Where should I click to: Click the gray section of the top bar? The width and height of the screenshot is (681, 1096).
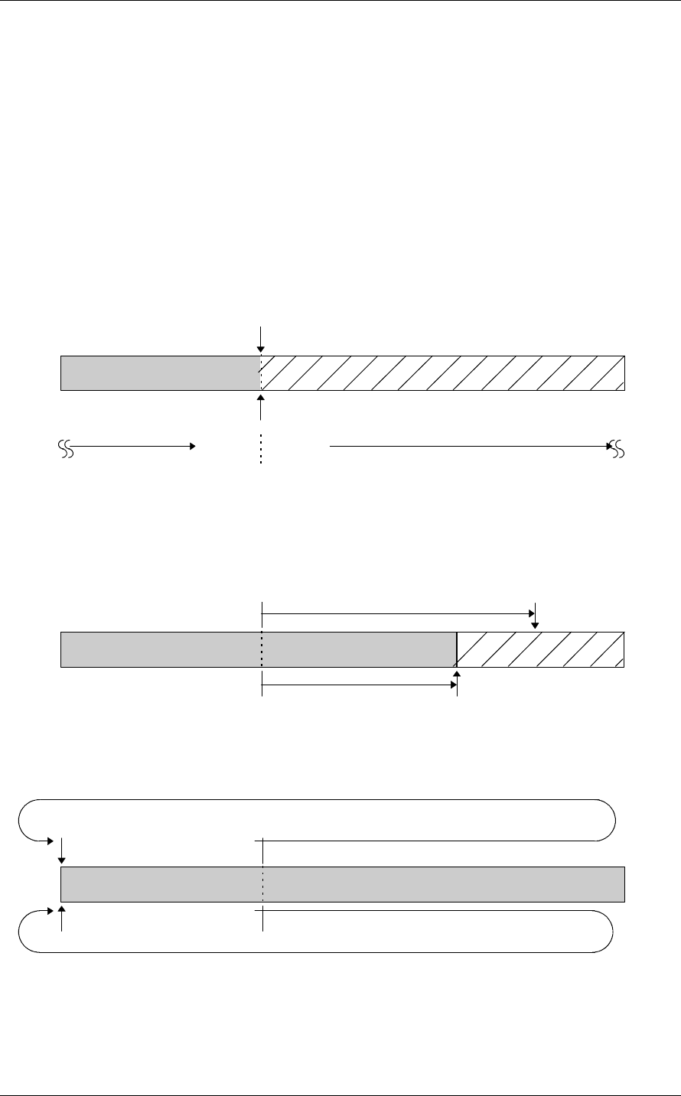[160, 372]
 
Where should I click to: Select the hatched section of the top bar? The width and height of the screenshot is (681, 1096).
[442, 372]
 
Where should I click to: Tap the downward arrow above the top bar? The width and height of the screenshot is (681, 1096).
[261, 339]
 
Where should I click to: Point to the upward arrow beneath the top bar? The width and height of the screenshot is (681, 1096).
[261, 406]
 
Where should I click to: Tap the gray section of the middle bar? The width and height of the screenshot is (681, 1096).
[259, 649]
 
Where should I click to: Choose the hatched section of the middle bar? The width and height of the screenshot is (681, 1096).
[540, 649]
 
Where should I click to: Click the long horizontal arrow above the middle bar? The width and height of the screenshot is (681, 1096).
[398, 613]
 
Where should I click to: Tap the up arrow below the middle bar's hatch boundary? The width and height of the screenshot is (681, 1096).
[457, 683]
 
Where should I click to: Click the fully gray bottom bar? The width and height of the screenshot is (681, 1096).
[343, 885]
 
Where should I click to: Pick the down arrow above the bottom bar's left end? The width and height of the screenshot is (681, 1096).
[61, 850]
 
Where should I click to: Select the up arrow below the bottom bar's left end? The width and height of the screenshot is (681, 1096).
[61, 919]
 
